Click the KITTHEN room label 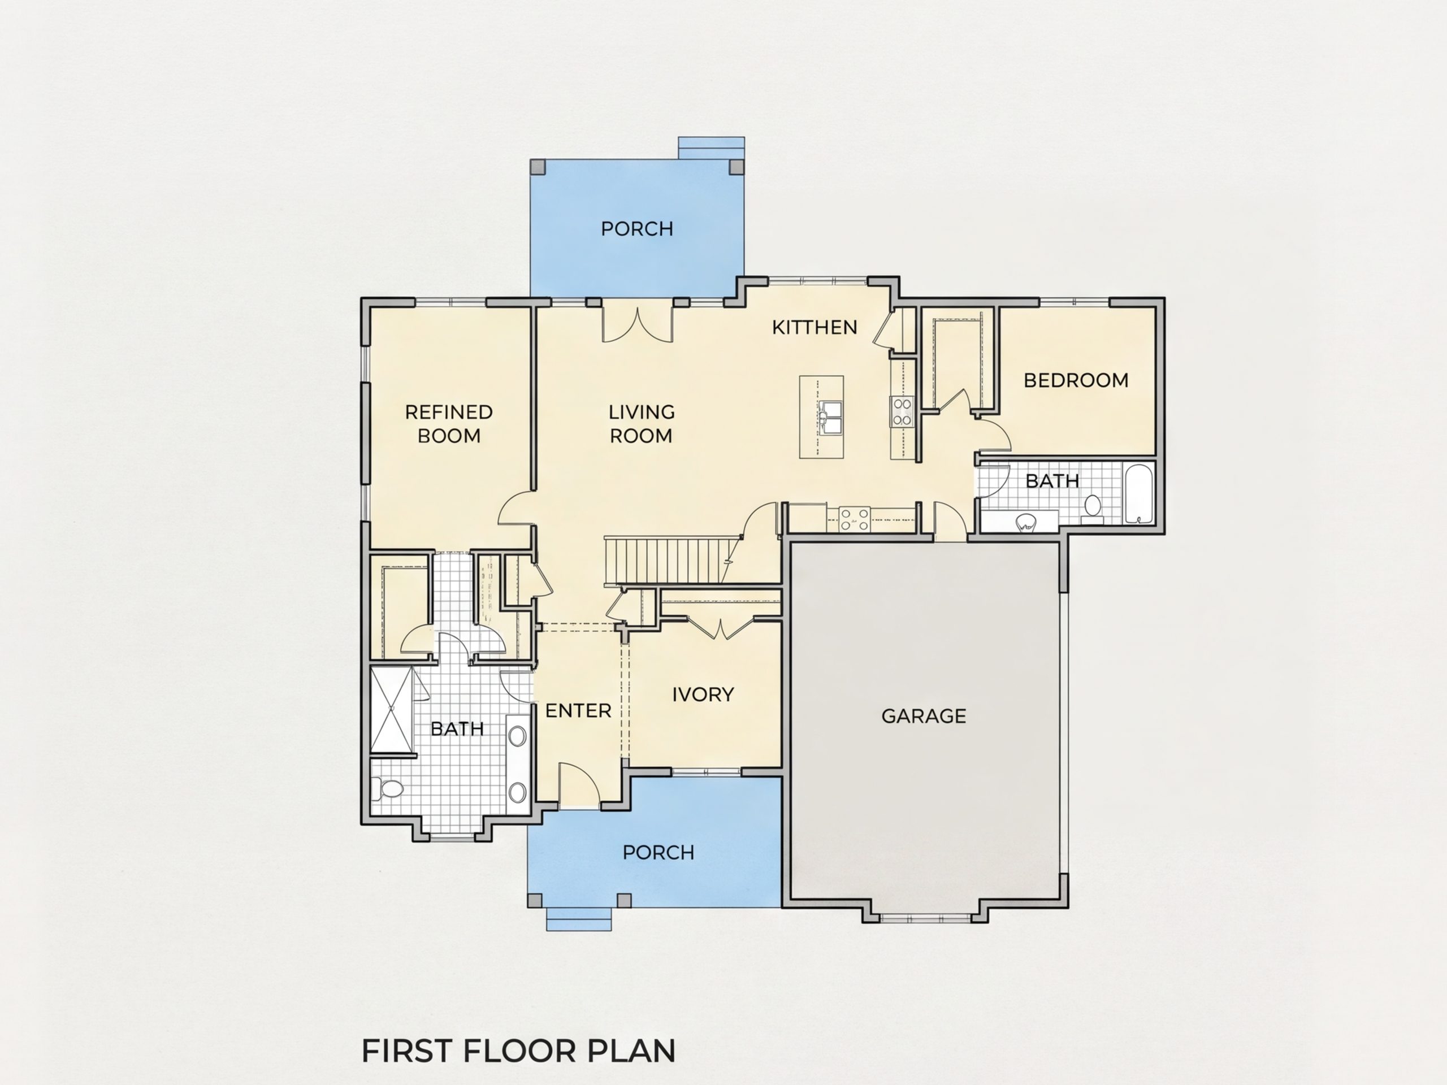point(815,327)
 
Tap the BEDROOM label point(1076,380)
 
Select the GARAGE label point(924,716)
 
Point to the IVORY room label point(703,695)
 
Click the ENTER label point(578,711)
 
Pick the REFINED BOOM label point(449,424)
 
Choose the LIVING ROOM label point(641,424)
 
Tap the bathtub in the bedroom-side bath point(1140,494)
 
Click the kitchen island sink point(831,416)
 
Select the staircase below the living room point(670,561)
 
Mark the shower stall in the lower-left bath point(392,710)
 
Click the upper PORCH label point(637,229)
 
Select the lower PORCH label point(658,853)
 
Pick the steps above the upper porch point(711,148)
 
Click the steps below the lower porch point(579,919)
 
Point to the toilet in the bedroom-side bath point(1093,508)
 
